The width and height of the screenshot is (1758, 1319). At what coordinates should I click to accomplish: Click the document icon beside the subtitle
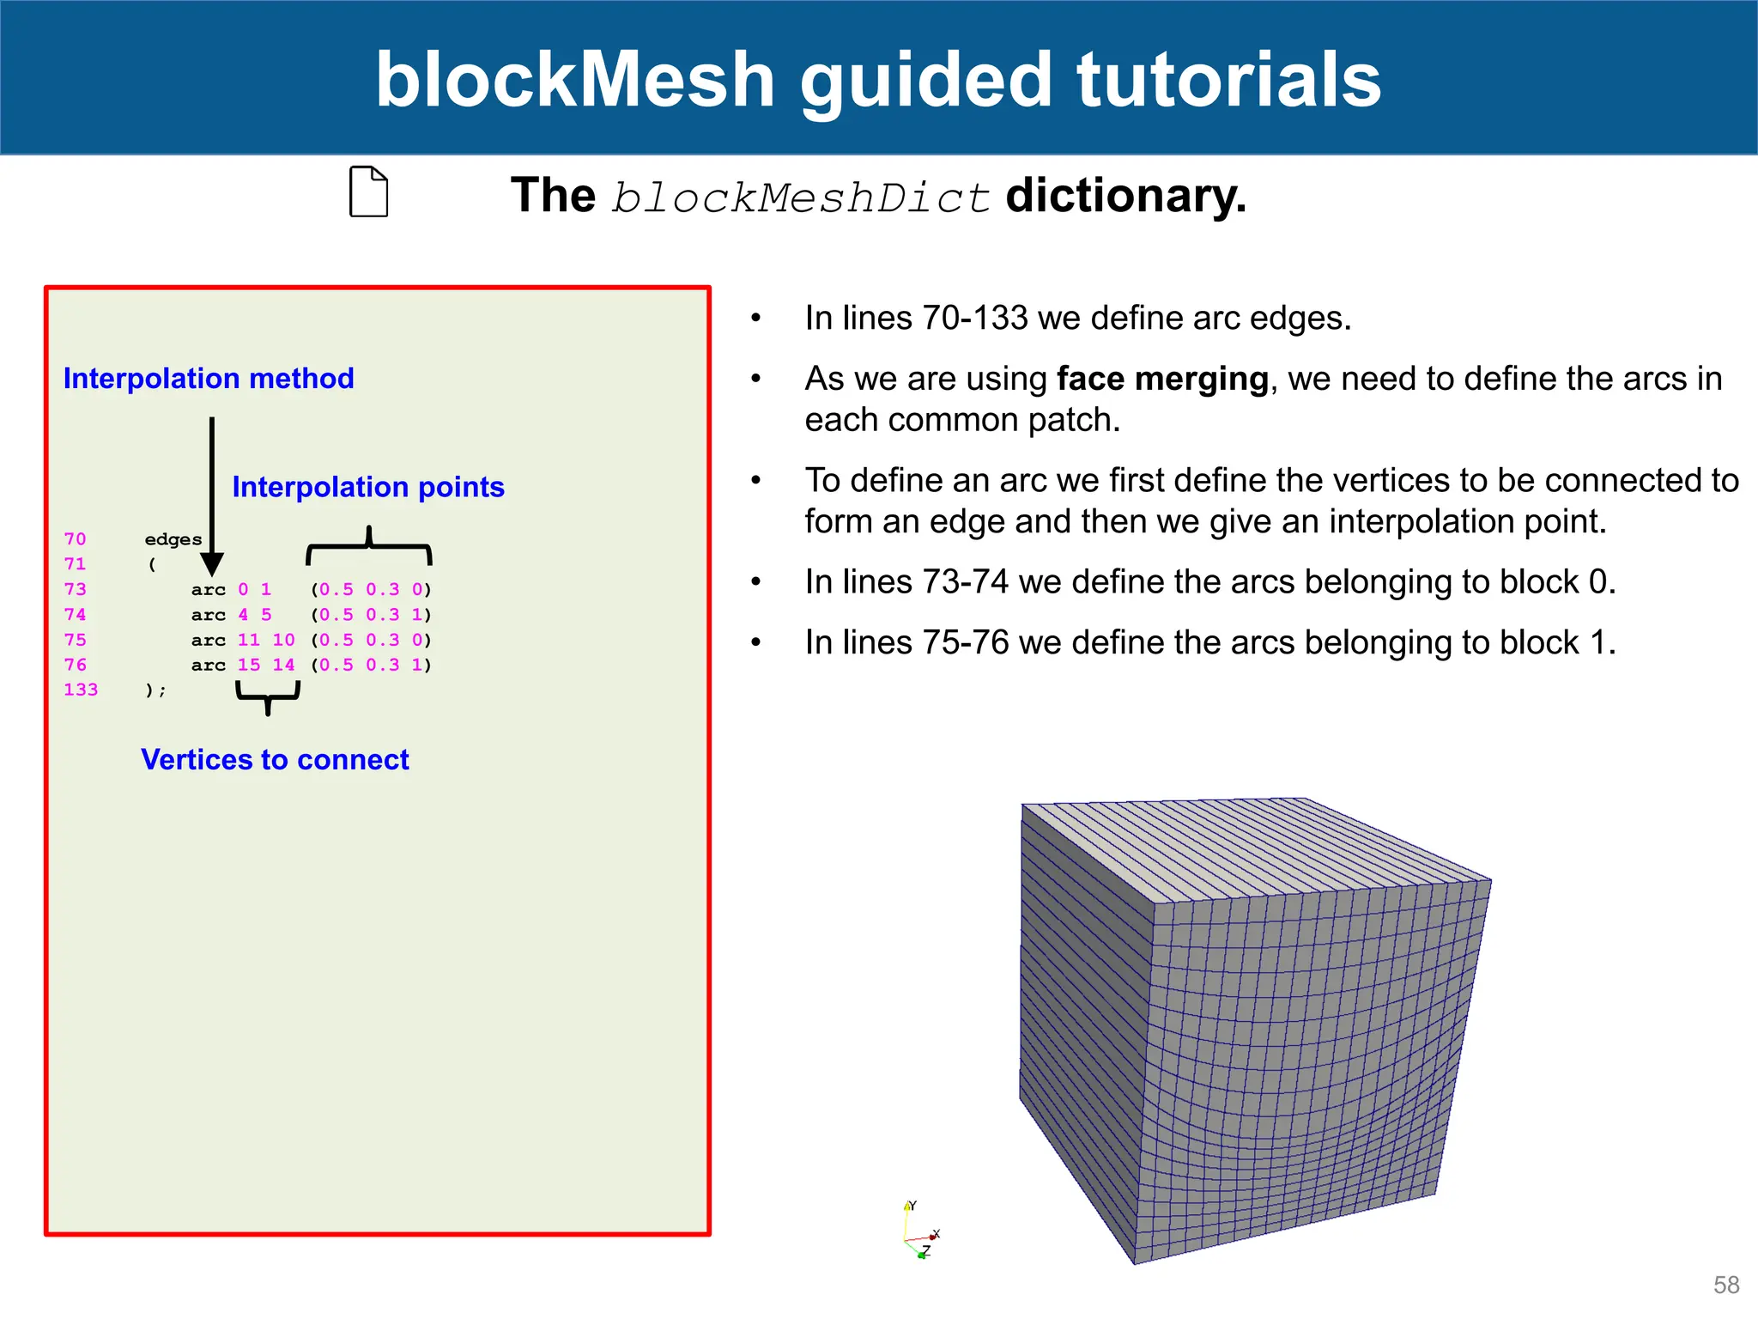pos(369,191)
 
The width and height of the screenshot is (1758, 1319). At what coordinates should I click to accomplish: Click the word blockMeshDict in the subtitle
pos(801,198)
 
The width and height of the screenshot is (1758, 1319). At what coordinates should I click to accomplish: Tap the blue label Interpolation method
pos(209,379)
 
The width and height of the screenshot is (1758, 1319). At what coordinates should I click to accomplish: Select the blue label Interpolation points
pos(368,487)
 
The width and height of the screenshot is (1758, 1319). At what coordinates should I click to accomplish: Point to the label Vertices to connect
pos(275,759)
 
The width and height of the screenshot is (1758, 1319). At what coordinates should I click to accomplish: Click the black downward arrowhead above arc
pos(212,564)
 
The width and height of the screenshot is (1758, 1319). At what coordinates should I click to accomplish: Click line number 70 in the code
pos(76,538)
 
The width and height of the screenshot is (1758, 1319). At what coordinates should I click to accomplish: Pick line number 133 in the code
pos(81,690)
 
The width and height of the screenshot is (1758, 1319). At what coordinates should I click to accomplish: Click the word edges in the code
pos(173,539)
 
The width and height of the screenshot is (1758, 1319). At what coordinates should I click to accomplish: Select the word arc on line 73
pos(209,590)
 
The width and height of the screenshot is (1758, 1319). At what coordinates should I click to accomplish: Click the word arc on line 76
pos(209,665)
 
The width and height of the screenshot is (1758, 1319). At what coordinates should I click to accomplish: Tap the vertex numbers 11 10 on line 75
pos(266,640)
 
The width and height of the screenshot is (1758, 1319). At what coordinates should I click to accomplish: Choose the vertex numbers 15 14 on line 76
pos(266,665)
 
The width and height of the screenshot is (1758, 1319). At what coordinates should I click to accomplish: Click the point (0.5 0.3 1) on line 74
pos(372,615)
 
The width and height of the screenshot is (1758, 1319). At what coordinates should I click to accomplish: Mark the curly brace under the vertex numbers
pos(268,697)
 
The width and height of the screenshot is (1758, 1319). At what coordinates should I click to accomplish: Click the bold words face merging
pos(1162,379)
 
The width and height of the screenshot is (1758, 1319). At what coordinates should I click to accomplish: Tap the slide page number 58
pos(1726,1285)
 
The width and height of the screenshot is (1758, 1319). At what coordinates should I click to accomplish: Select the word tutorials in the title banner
pos(1228,79)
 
